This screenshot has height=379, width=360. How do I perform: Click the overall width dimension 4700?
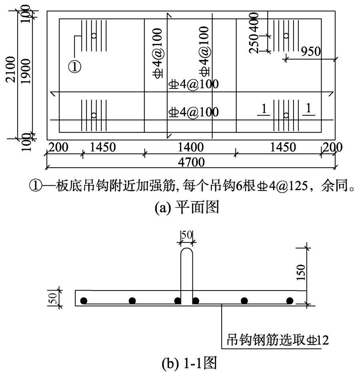(191, 163)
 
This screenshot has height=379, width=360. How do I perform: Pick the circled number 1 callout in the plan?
(75, 66)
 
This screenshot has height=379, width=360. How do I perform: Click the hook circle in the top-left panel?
(94, 36)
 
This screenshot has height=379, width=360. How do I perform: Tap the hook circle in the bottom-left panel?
(94, 115)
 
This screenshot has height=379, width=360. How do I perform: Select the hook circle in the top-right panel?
(286, 36)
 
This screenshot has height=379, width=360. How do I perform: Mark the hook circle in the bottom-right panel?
(286, 115)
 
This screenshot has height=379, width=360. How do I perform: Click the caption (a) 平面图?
(187, 208)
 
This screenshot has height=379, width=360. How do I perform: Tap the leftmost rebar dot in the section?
(84, 301)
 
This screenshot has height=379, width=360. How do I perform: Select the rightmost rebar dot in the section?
(289, 301)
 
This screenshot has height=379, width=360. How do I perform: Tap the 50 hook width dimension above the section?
(186, 235)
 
